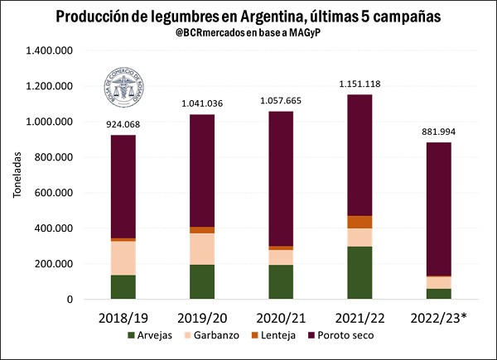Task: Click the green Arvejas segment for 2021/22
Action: tap(359, 272)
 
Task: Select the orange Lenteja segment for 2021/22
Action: tap(359, 222)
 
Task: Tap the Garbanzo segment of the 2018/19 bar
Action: tap(123, 257)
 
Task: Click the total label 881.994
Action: tap(440, 132)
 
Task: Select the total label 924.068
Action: tap(123, 124)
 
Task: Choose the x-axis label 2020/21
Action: tap(281, 317)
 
